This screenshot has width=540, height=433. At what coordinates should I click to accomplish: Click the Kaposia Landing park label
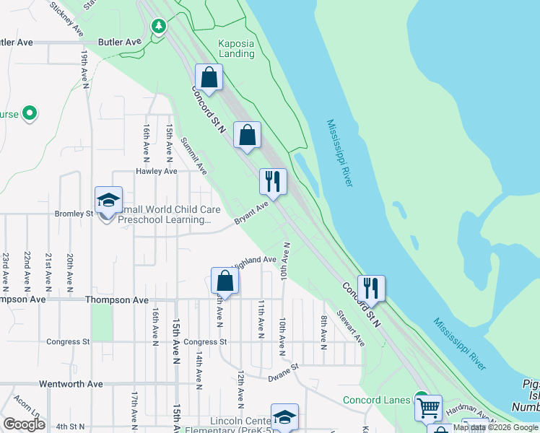click(x=237, y=48)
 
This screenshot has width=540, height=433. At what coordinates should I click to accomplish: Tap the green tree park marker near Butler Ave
click(x=159, y=27)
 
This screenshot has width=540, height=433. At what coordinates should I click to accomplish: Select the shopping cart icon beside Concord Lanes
click(x=428, y=408)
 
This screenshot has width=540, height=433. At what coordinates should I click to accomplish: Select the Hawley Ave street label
click(x=157, y=171)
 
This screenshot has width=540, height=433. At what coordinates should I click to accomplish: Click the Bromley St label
click(x=74, y=214)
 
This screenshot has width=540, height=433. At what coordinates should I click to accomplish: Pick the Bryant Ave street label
click(x=252, y=214)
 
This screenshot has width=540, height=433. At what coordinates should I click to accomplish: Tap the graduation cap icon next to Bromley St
click(x=108, y=200)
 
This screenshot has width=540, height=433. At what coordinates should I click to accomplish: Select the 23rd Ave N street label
click(x=6, y=267)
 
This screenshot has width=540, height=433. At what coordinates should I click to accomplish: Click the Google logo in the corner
click(x=24, y=424)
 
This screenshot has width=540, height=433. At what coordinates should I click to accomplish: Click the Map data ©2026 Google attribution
click(x=495, y=427)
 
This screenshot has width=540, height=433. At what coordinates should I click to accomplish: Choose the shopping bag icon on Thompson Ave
click(x=225, y=280)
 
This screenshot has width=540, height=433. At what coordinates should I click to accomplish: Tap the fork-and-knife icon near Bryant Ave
click(x=273, y=180)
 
